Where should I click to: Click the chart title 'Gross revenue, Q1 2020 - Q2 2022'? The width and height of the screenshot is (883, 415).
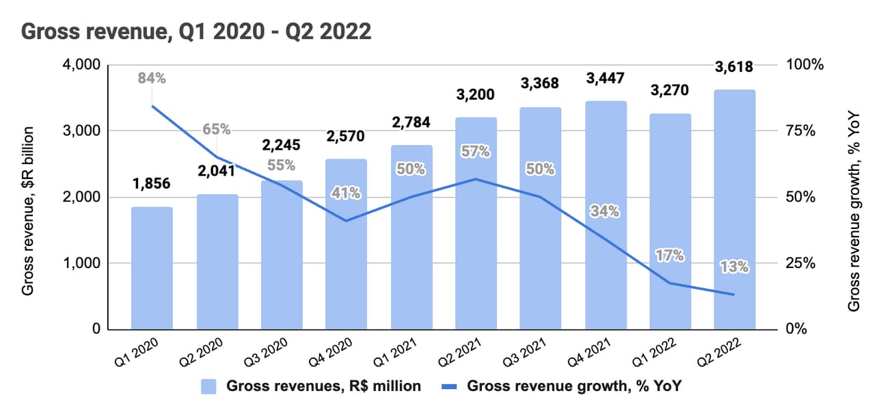tap(197, 31)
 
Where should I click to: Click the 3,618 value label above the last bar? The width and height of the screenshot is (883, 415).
tap(735, 67)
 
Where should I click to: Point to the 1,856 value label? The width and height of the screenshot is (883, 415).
tap(152, 183)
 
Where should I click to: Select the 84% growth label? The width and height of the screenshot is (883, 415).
tap(152, 78)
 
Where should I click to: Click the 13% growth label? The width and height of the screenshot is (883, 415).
tap(734, 267)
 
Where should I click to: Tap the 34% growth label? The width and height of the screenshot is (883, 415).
tap(605, 211)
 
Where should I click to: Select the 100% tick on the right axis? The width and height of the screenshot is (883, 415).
tap(806, 65)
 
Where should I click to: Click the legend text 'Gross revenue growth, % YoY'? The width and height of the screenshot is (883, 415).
tap(574, 386)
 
